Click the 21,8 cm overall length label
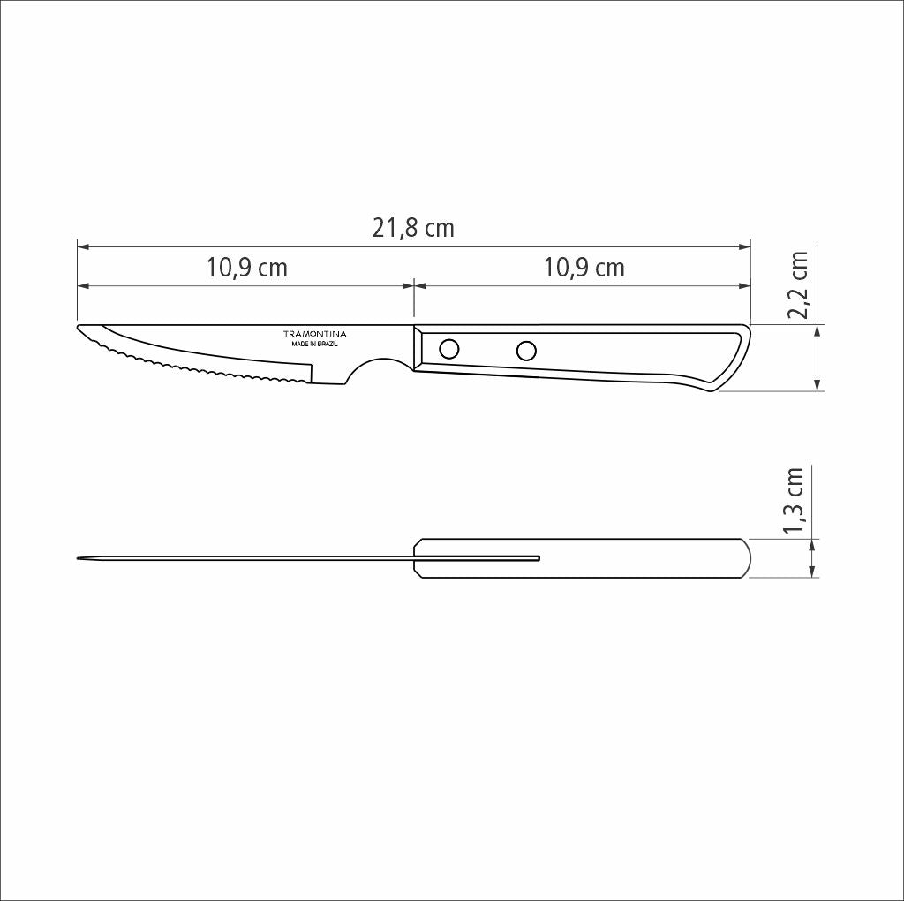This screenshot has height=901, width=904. [x=413, y=229]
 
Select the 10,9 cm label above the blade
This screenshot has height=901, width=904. [x=247, y=268]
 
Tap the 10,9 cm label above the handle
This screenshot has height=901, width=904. [x=584, y=268]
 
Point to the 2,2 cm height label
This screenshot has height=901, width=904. [x=798, y=285]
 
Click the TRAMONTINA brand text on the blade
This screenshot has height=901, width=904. [x=315, y=334]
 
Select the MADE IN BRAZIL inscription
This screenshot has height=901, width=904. [x=315, y=344]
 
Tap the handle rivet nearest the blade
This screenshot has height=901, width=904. [x=449, y=349]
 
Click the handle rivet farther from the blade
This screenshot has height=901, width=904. [x=526, y=351]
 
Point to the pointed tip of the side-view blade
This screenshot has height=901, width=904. [x=78, y=327]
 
